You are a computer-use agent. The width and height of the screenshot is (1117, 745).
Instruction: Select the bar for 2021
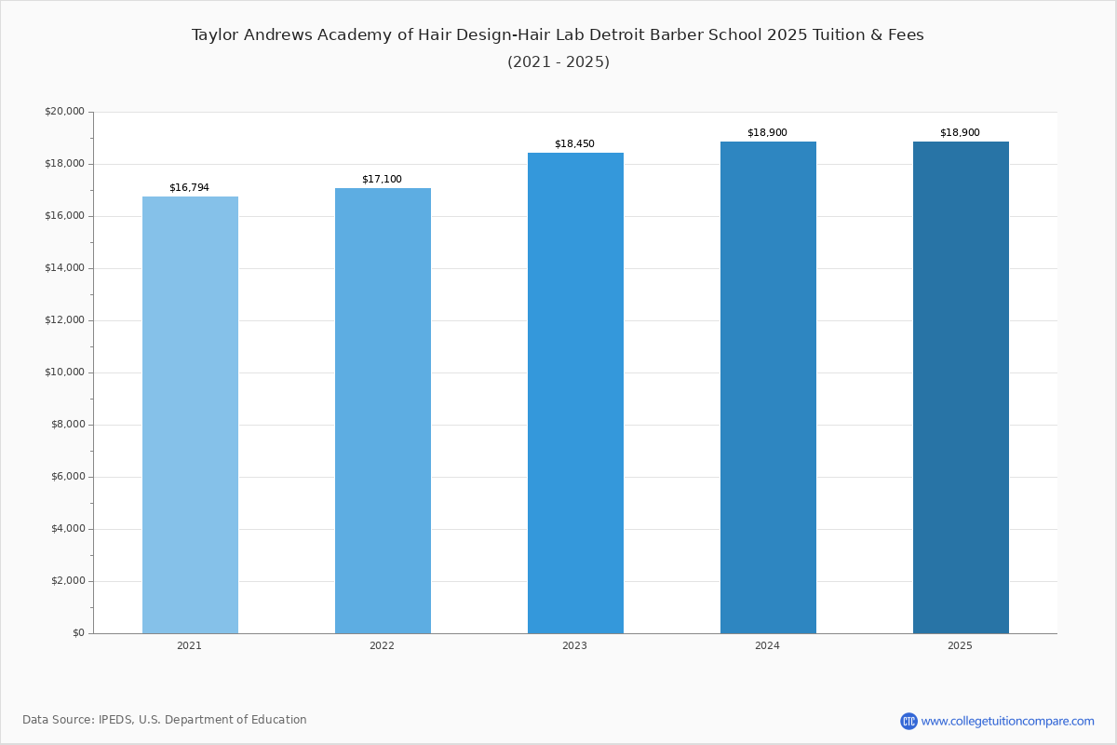point(190,414)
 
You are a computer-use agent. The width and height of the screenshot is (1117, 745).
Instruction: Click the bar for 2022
point(383,411)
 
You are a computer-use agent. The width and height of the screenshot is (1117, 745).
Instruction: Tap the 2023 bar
point(575,393)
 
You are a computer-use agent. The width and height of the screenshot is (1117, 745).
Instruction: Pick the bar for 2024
point(769,387)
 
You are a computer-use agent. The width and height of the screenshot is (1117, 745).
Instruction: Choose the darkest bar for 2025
point(961,387)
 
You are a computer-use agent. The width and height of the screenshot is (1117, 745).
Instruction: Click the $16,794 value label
point(190,187)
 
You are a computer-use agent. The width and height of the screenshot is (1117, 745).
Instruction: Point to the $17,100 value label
point(382,179)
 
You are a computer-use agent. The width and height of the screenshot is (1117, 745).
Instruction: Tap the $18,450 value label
point(574,143)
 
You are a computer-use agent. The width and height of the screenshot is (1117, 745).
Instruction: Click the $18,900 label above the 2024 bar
point(767,133)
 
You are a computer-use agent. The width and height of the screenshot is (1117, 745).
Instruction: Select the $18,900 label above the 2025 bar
point(960,133)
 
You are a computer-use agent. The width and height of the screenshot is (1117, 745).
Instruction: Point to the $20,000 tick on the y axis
point(64,111)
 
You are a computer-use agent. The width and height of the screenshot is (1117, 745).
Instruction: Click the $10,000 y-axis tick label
point(64,372)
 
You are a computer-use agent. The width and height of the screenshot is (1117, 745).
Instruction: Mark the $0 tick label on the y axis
point(78,633)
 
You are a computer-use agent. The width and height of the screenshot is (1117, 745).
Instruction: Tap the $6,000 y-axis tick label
point(68,477)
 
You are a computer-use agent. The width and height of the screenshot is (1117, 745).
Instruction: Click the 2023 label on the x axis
point(574,645)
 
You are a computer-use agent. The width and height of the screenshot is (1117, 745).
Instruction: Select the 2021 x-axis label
point(190,645)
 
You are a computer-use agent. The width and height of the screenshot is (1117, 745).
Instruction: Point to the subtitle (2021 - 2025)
point(558,61)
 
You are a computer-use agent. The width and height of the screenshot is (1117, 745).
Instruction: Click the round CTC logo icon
point(908,721)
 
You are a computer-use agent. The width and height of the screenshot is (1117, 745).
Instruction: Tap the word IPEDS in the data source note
point(115,720)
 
